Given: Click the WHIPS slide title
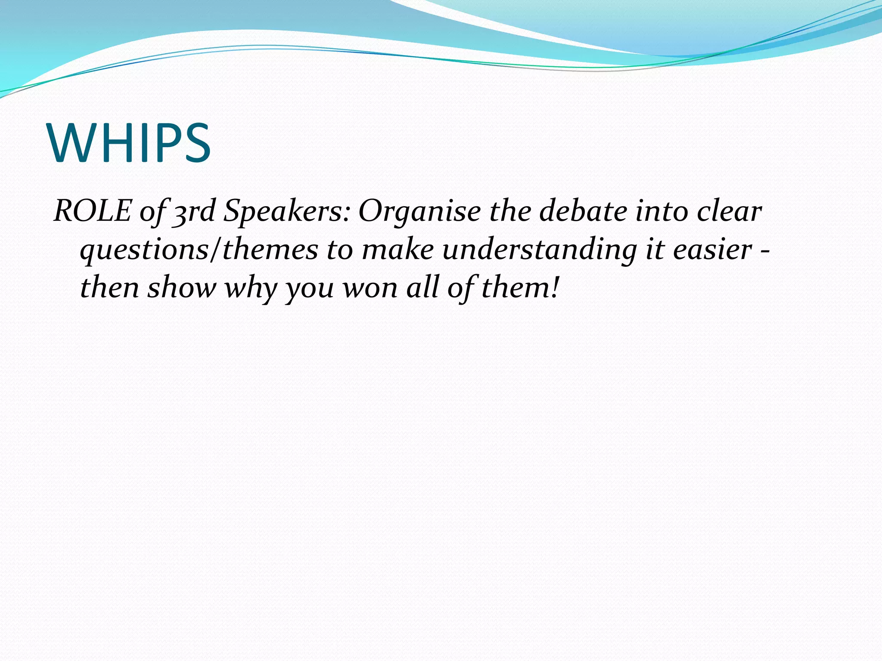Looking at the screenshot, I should tap(130, 143).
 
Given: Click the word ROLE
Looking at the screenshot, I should tap(92, 211).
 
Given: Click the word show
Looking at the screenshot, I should tap(181, 287).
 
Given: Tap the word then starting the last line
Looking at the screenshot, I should tap(109, 287).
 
